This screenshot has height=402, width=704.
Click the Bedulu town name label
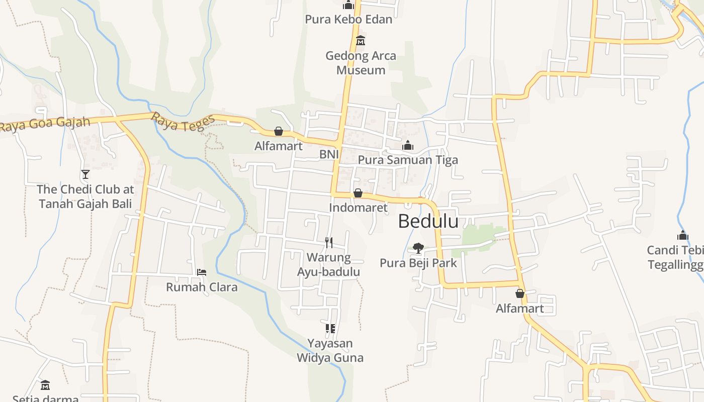428,221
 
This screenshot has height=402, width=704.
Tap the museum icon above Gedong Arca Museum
361,41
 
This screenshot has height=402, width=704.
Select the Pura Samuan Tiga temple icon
408,146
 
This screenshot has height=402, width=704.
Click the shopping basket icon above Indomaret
358,193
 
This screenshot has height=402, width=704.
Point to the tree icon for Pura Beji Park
418,248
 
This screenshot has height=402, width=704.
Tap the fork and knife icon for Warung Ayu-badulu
329,243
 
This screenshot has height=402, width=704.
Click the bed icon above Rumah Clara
202,272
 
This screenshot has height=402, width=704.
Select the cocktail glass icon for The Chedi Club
85,174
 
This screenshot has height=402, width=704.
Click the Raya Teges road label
183,122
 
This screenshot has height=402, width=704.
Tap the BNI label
329,154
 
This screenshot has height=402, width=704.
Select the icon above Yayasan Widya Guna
330,329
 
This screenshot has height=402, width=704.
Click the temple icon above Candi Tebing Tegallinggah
682,235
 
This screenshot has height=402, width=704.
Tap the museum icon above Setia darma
45,385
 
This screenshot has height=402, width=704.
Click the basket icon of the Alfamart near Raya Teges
279,132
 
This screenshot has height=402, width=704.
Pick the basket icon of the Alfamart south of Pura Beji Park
520,293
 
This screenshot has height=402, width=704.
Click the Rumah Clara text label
202,287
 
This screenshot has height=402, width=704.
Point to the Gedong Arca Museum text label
361,63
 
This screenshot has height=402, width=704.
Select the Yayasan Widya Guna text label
330,351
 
